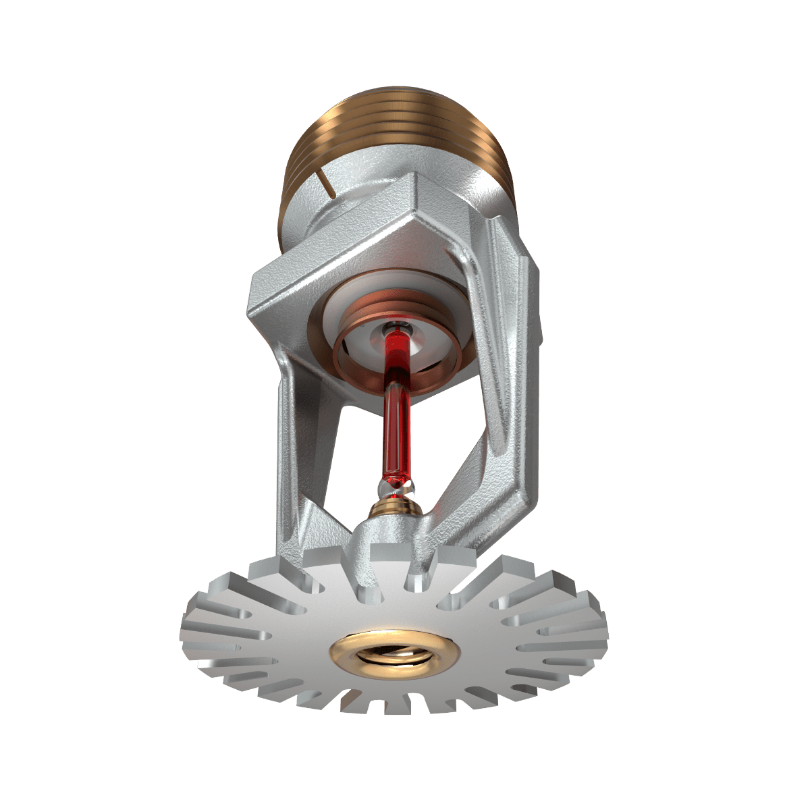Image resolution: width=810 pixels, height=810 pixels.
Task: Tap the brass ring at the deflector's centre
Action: (395, 652)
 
